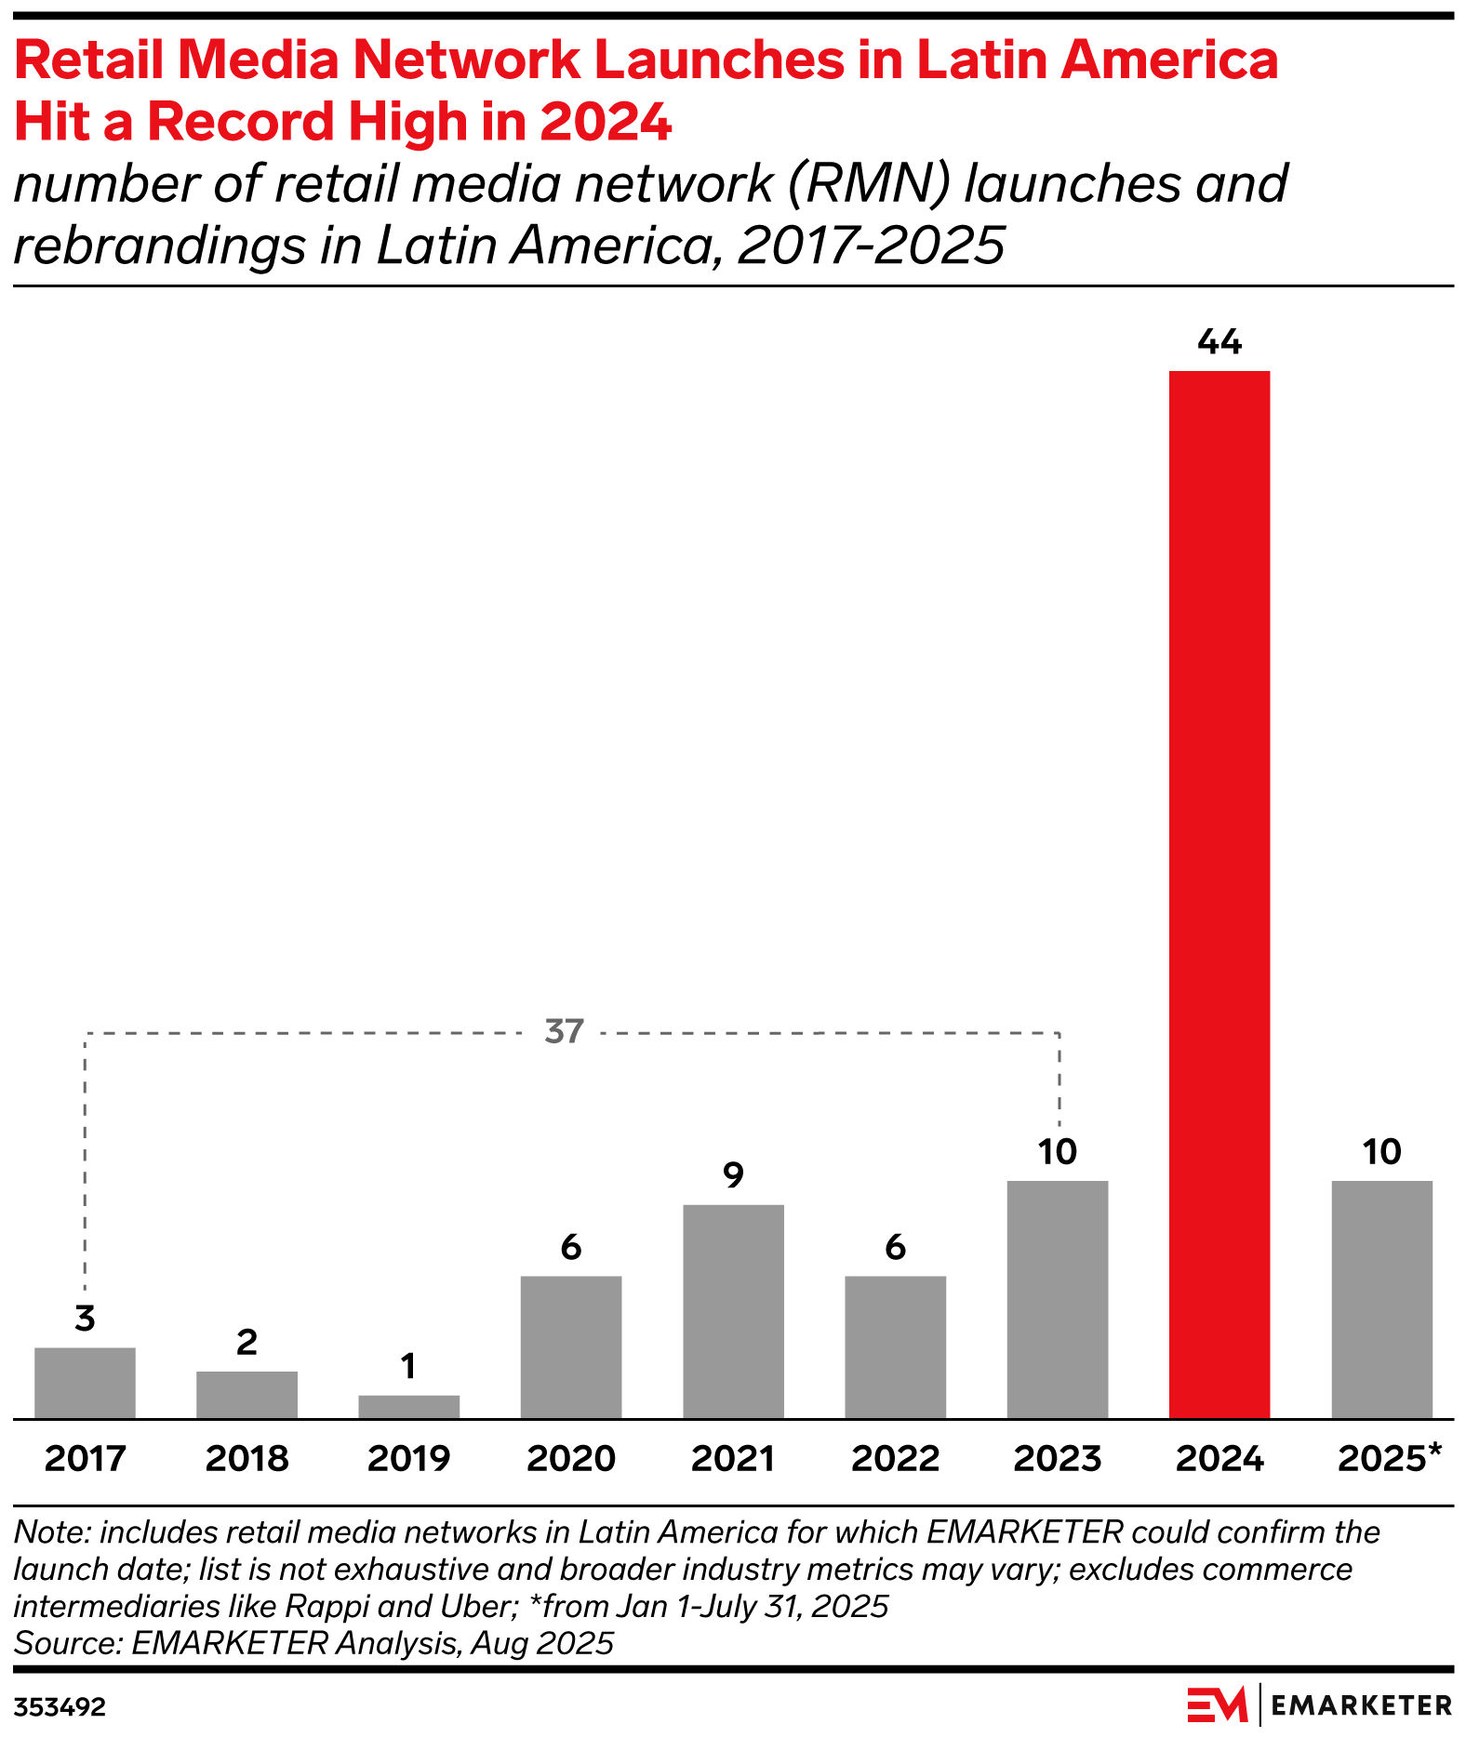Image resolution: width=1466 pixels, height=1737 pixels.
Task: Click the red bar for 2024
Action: pos(1219,894)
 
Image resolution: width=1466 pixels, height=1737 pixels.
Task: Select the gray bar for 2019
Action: pos(408,1406)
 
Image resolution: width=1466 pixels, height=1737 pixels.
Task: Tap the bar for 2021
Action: pos(733,1310)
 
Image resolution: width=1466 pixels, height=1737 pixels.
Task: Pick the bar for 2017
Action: pos(85,1382)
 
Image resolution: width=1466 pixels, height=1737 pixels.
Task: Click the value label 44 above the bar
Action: pos(1219,343)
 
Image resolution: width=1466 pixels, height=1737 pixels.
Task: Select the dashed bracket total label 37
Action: pos(565,1031)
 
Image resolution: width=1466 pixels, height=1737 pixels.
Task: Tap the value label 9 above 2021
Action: pos(733,1176)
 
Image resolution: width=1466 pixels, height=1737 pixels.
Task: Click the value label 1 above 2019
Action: pos(408,1366)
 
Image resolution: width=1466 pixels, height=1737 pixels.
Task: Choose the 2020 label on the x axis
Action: pos(570,1458)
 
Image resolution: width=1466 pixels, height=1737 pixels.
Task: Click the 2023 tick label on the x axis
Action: pos(1057,1458)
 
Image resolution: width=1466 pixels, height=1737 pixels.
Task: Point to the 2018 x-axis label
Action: pos(247,1458)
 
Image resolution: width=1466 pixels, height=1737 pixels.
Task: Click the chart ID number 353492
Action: pos(60,1707)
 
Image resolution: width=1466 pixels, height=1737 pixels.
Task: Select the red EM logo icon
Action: pos(1217,1704)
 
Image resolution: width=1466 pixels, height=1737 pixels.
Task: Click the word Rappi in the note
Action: pos(321,1606)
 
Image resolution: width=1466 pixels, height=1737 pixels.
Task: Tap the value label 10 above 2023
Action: pos(1057,1152)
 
